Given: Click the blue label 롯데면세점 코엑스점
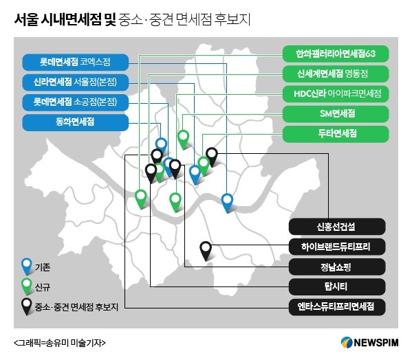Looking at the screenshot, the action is (76, 63).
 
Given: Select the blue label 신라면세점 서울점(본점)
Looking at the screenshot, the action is (76, 82).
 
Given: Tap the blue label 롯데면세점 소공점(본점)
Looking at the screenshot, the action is (76, 102).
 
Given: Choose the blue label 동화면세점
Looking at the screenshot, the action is (76, 122).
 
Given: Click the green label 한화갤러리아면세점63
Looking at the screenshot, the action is (336, 54).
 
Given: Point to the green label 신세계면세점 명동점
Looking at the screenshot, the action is (336, 74).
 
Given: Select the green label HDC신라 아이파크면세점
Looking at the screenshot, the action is (336, 93).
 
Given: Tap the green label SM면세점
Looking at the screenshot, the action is (336, 114).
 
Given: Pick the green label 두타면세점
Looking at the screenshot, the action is (336, 134).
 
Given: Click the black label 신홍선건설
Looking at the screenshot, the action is (337, 227).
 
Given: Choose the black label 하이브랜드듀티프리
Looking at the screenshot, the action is (337, 247).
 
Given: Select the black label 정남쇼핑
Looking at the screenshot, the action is (337, 267).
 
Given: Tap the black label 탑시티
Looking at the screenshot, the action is (337, 286).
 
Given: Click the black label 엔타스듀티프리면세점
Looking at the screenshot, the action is (337, 306).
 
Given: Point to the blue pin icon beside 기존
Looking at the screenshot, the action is (27, 266).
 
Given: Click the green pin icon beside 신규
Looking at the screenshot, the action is (27, 286).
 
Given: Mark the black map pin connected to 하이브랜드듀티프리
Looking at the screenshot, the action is (206, 251).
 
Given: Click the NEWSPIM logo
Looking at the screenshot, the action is (369, 343).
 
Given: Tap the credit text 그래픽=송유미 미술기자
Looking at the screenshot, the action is (60, 343).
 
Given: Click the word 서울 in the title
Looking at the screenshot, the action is (26, 19).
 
